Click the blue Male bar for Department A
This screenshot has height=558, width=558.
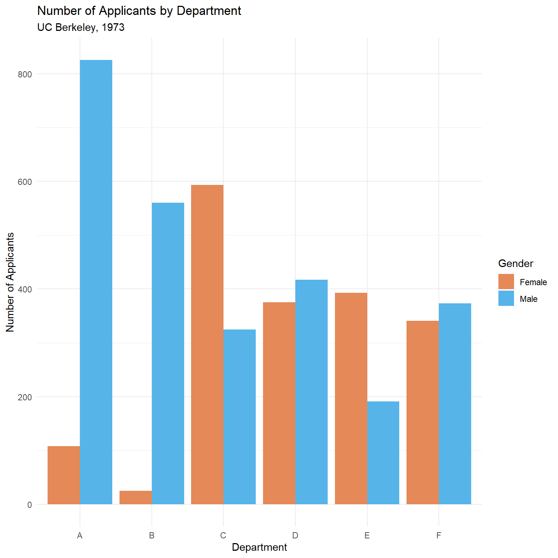96,282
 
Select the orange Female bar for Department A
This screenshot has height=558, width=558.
64,475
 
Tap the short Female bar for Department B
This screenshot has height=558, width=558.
136,497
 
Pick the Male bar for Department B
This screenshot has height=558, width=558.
168,353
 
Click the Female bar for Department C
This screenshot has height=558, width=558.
207,344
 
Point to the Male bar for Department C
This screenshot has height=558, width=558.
239,417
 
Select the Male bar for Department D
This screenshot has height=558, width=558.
311,392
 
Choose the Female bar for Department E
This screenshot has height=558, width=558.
351,399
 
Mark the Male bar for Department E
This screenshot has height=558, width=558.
383,453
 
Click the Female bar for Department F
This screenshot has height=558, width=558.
422,412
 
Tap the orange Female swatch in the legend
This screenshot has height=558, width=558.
506,282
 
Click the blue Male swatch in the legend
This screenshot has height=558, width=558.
506,298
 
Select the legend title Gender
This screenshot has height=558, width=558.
515,263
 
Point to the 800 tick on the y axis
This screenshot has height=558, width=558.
25,74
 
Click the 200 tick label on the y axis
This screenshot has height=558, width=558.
25,397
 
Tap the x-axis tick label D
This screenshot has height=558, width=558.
295,535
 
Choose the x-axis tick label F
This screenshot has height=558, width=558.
439,535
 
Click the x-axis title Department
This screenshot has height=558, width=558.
259,547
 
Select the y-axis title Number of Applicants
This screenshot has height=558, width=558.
10,282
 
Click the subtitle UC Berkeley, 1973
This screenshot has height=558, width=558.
81,28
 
